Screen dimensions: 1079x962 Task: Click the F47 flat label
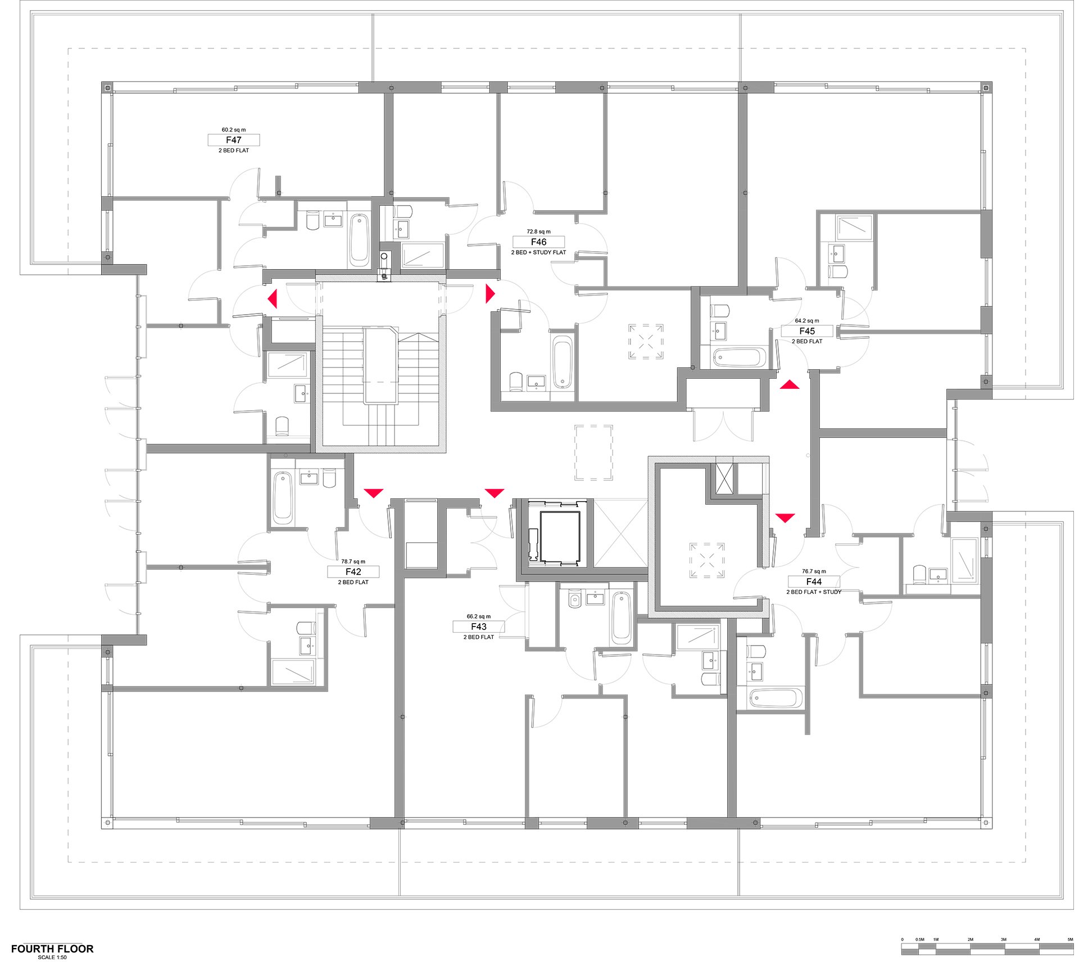pos(234,140)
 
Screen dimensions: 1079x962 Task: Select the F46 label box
pos(538,242)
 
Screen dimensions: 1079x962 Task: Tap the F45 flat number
pos(807,331)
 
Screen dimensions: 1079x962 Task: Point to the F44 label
pos(814,582)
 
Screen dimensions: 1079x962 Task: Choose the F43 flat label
pos(479,627)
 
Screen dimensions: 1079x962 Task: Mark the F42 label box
pos(353,571)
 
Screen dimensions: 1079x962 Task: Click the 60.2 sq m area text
pos(234,130)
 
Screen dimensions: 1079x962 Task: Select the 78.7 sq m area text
pos(353,561)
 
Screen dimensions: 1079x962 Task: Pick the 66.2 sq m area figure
pos(479,616)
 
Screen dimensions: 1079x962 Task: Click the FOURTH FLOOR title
pos(52,949)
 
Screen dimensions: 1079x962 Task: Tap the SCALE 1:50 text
pos(52,958)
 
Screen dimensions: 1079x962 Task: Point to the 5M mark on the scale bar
pos(1070,939)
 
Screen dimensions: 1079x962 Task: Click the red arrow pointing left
pos(273,298)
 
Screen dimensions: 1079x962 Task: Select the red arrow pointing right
pos(490,293)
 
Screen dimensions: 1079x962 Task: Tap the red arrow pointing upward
pos(790,384)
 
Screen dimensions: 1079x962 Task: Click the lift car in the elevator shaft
pos(560,536)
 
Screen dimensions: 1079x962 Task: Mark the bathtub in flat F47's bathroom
pos(359,240)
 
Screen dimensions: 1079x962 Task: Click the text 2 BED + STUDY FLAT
pos(538,253)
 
